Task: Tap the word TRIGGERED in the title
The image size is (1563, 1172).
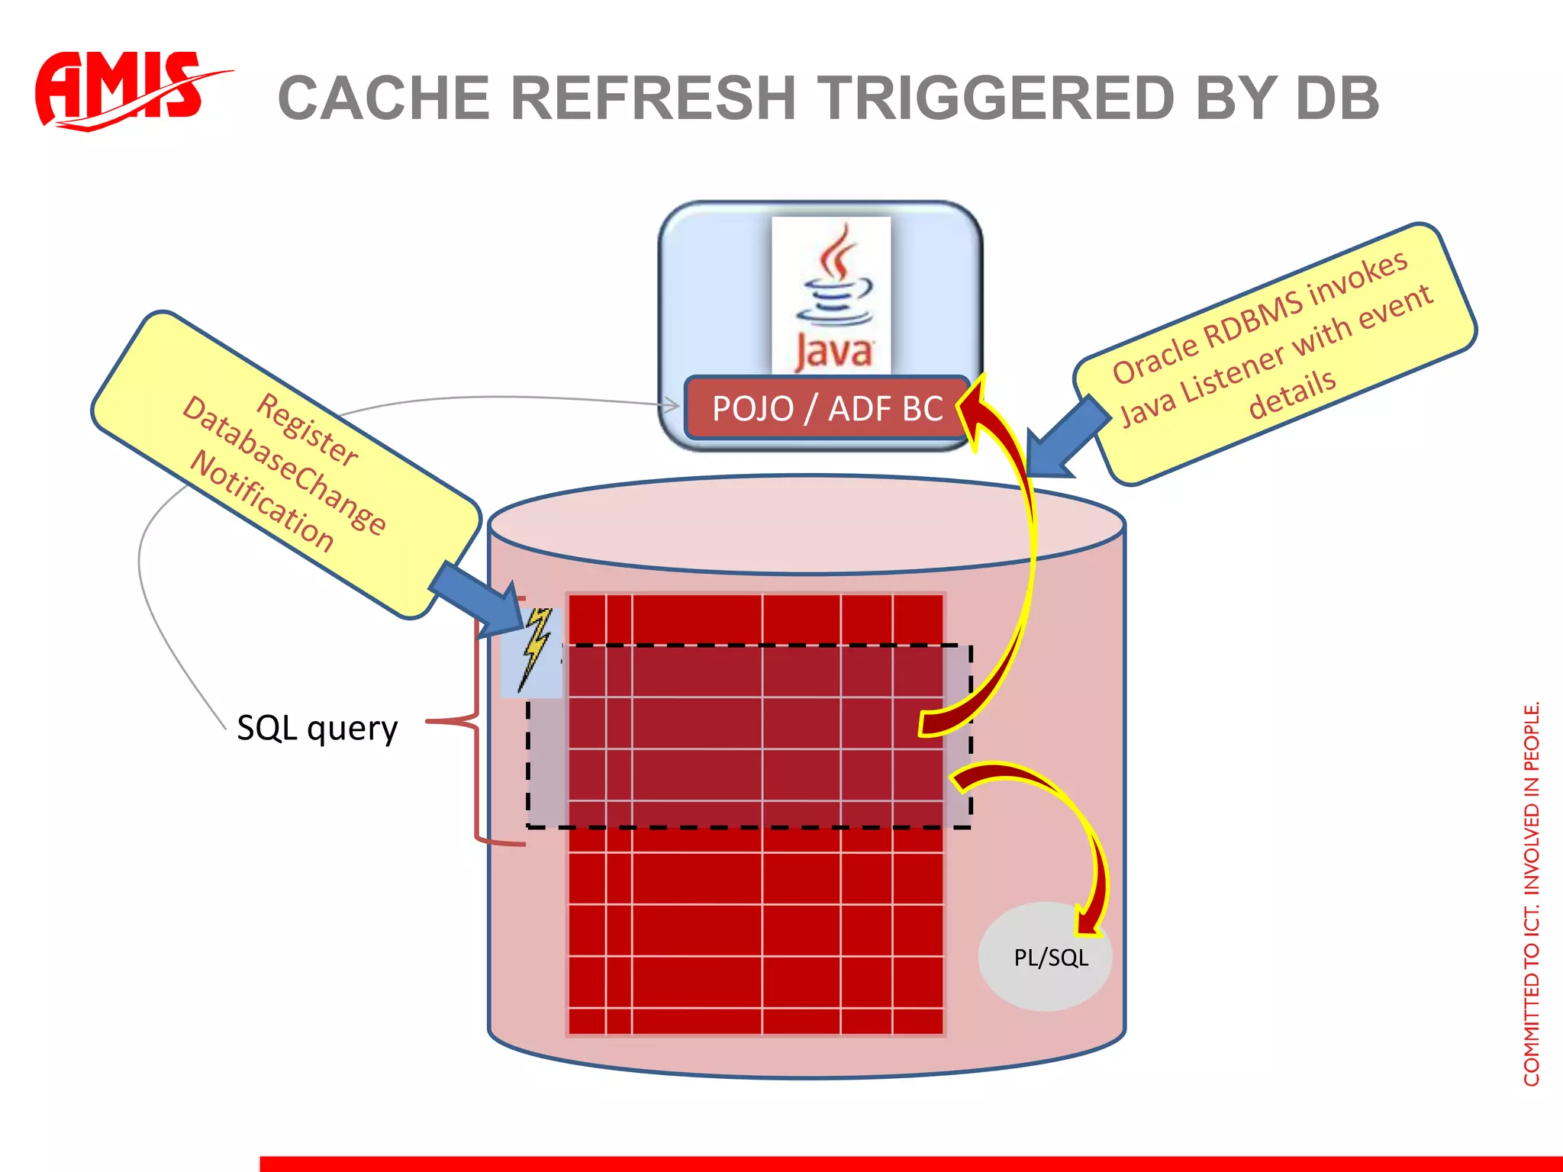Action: (x=997, y=98)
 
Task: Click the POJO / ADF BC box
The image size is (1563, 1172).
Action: (x=827, y=409)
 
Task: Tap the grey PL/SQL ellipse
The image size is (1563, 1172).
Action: (x=1046, y=958)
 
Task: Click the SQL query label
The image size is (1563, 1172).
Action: (x=317, y=728)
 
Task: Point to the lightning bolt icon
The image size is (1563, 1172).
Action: (x=534, y=649)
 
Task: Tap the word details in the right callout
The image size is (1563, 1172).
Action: (x=1291, y=394)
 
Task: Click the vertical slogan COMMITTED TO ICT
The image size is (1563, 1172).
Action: (x=1531, y=893)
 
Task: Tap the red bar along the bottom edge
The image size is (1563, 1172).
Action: (x=908, y=1164)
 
